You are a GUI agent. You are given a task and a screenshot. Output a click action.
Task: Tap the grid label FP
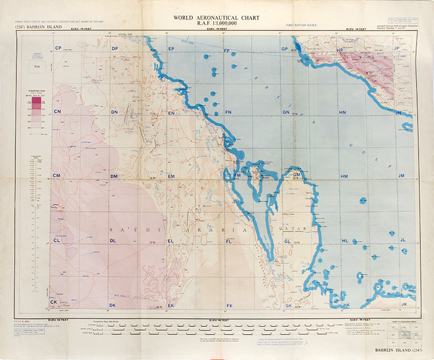coord(227,49)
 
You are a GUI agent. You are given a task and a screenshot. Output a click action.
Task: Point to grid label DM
coord(114,176)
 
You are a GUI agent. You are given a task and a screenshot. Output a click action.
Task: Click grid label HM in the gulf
coord(344,176)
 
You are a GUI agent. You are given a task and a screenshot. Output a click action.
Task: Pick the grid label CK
coord(54,302)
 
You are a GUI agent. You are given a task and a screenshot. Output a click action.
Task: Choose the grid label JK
coord(403,304)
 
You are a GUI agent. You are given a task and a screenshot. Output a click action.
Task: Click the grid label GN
coord(285,112)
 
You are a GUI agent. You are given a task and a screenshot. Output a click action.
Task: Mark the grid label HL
coord(344,241)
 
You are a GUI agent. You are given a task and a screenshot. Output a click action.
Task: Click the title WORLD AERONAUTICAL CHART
coord(216,17)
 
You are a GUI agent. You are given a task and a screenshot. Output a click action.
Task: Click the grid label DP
coord(114,49)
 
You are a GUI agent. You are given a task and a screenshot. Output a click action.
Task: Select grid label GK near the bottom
coord(288,306)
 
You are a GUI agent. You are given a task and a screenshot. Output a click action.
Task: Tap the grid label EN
coord(171,113)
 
